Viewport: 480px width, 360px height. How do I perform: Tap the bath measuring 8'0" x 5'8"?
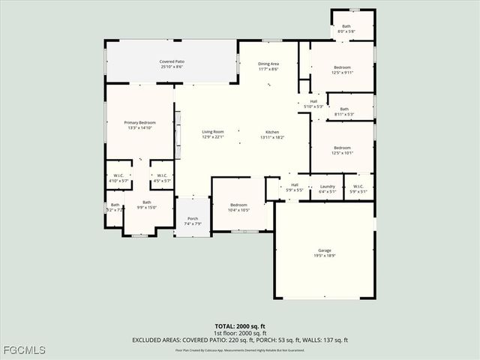346,28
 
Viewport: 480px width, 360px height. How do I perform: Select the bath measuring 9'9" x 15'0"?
147,204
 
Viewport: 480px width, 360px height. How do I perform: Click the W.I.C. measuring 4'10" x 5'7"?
119,178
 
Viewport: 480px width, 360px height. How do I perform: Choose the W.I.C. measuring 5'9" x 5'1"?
358,188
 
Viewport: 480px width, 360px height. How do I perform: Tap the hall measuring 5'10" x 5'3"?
313,104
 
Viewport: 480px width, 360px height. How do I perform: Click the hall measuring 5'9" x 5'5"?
295,187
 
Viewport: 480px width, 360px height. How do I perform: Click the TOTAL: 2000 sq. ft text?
240,326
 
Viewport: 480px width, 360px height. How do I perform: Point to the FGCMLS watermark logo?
24,350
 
